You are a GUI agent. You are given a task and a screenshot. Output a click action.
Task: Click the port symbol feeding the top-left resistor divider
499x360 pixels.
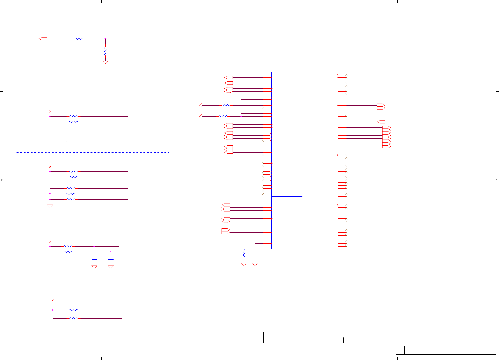click(x=43, y=39)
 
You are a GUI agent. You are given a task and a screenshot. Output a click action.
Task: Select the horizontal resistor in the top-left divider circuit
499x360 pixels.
click(x=79, y=39)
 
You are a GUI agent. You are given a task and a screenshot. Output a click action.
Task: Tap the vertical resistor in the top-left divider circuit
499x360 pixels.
click(x=105, y=51)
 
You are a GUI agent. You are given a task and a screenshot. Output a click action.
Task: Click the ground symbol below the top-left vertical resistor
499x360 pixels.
click(x=105, y=62)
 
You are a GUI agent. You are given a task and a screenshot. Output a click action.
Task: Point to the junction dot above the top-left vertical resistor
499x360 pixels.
click(x=105, y=39)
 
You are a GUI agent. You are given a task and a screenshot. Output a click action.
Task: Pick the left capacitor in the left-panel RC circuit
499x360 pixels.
click(x=94, y=259)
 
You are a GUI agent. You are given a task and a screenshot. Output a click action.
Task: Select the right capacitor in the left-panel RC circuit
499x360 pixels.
click(x=111, y=259)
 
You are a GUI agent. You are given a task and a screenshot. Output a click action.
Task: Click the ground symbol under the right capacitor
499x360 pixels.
click(x=111, y=267)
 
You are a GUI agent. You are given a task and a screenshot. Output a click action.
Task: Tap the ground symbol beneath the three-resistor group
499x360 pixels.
click(x=50, y=206)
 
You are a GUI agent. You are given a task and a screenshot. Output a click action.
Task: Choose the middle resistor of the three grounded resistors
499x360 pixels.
click(x=71, y=194)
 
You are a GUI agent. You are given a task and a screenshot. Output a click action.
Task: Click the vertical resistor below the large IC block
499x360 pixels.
click(x=244, y=253)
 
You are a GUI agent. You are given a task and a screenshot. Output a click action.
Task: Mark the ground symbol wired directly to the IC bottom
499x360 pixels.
click(x=255, y=264)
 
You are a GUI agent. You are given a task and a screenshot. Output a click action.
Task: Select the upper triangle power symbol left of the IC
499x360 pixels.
click(x=201, y=105)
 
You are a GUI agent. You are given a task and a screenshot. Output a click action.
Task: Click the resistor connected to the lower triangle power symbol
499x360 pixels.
click(x=223, y=116)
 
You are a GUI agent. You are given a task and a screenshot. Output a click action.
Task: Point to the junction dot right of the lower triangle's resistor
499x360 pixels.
click(x=241, y=116)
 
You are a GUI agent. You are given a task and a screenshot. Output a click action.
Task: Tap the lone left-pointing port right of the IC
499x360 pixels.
click(x=381, y=122)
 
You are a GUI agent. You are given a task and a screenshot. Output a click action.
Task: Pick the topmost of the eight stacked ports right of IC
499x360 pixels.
click(x=387, y=127)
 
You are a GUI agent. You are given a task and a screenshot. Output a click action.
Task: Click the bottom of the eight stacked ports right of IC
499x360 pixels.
click(x=387, y=147)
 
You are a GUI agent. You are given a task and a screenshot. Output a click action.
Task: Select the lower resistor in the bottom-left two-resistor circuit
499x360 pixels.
click(x=74, y=318)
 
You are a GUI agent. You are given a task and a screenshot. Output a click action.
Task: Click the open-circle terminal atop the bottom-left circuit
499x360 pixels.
click(x=53, y=300)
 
